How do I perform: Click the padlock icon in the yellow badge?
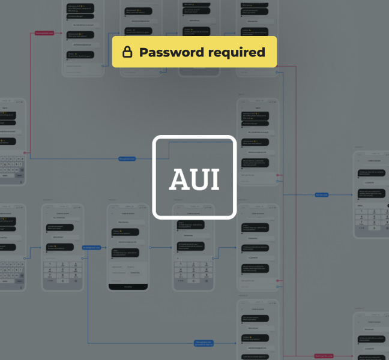click(127, 52)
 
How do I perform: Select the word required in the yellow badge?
click(235, 52)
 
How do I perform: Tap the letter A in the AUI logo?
click(179, 179)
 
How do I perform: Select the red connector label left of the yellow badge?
click(44, 33)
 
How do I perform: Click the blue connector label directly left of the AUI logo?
click(127, 159)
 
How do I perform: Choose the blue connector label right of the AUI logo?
click(322, 194)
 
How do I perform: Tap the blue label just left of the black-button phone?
click(91, 247)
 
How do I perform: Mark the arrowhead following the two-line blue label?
click(235, 343)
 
